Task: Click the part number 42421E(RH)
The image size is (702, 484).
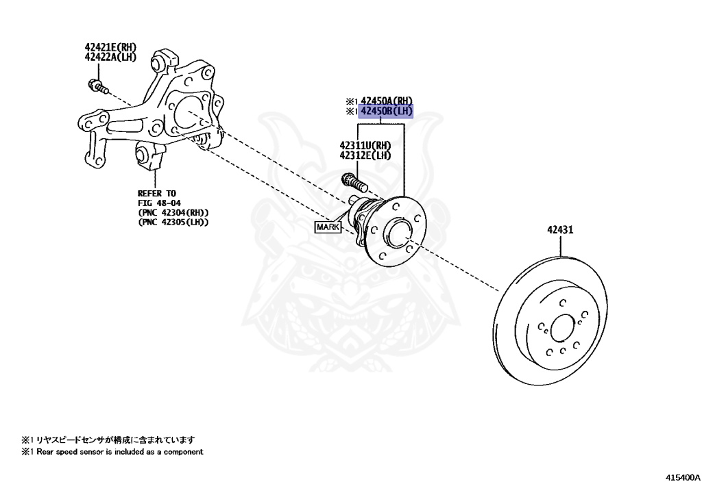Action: coord(110,47)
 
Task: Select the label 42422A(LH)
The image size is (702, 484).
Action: coord(110,57)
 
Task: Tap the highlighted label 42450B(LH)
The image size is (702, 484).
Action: coord(387,111)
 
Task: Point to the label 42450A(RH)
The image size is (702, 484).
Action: coord(387,101)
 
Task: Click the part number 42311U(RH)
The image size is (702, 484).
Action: coord(365,145)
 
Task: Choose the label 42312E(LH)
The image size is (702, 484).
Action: coord(365,155)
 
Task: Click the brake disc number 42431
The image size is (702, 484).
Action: coord(560,230)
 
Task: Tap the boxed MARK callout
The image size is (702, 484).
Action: coord(328,227)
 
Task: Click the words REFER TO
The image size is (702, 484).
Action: coord(157,194)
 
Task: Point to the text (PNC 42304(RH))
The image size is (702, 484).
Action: coord(173,213)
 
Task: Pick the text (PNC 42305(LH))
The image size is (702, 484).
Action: coord(173,222)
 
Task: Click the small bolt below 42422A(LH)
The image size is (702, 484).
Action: coord(97,87)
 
